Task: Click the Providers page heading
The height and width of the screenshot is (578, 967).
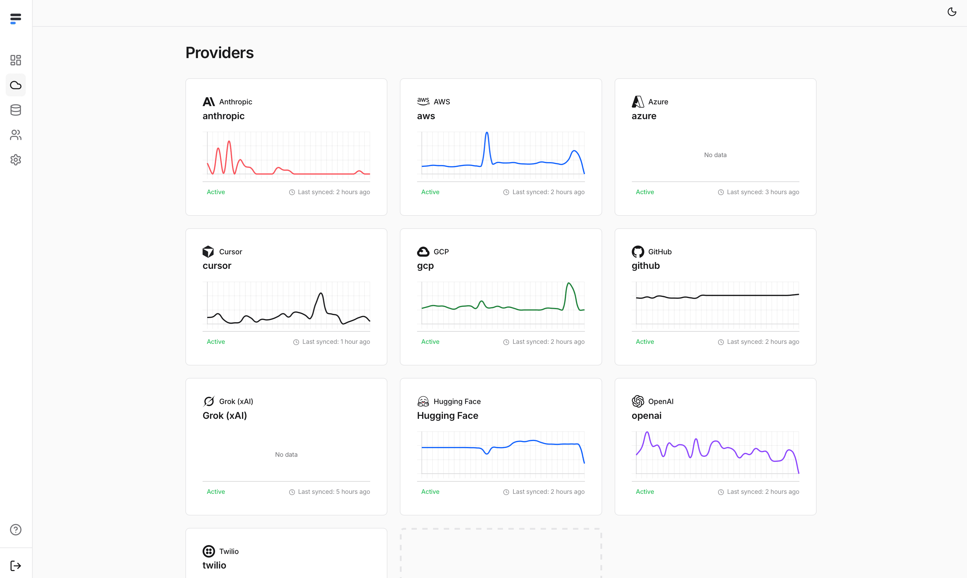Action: (x=220, y=52)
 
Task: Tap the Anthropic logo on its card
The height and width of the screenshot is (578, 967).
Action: (x=209, y=102)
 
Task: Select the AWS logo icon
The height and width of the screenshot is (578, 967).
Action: (x=423, y=101)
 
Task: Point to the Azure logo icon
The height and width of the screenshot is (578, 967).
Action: (x=638, y=102)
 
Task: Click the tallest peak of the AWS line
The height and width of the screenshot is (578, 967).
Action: (x=487, y=133)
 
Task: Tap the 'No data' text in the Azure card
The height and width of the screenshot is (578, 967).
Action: (x=715, y=155)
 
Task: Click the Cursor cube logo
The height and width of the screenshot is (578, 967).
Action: (x=208, y=252)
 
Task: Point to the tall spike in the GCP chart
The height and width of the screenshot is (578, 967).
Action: (x=569, y=284)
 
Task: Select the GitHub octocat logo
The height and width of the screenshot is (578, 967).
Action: (x=638, y=252)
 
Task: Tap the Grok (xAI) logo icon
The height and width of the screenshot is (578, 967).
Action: (x=209, y=401)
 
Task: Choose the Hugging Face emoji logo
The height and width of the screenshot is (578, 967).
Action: (x=423, y=401)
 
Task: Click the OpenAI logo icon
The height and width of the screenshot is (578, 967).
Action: (x=638, y=401)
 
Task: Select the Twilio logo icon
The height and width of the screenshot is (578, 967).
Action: (x=209, y=551)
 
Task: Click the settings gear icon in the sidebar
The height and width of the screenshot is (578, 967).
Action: (x=16, y=160)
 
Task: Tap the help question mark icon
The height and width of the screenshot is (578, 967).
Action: (x=16, y=530)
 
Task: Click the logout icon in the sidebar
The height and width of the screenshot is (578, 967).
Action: (x=16, y=566)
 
